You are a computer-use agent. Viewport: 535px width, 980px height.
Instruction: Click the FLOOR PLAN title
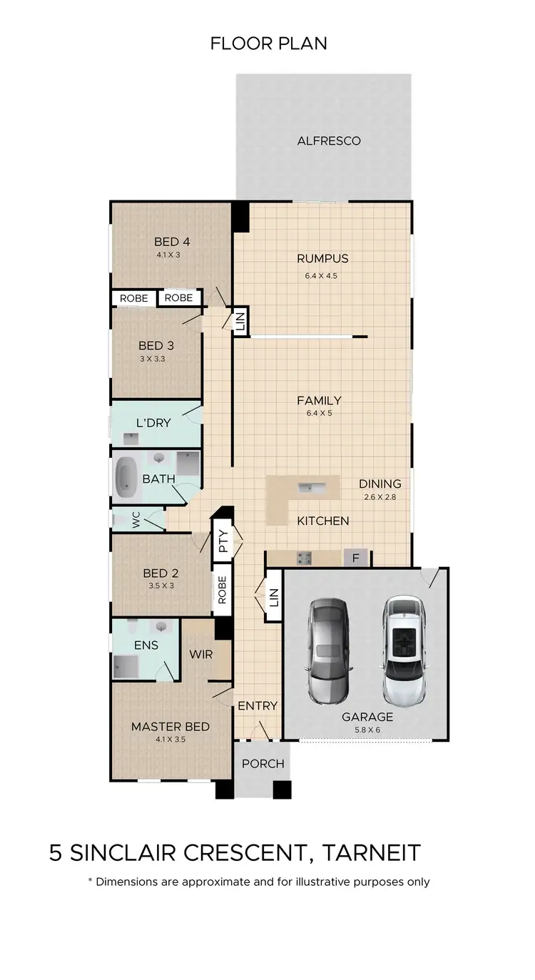click(268, 44)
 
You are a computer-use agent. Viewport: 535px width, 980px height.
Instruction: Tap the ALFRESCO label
click(329, 141)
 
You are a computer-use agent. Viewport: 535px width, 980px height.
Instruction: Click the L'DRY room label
click(153, 423)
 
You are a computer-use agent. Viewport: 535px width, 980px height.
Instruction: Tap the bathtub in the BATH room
click(128, 477)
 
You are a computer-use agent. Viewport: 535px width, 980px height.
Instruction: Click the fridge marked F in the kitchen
click(355, 558)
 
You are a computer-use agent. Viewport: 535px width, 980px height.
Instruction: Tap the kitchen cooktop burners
click(304, 558)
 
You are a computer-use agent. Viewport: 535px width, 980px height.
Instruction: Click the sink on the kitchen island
click(312, 489)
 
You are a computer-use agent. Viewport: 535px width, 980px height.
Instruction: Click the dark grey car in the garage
click(328, 649)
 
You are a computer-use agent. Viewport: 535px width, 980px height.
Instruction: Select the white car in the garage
click(404, 649)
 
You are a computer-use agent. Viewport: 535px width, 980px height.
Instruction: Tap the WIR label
click(201, 653)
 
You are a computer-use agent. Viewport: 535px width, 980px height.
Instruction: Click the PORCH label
click(263, 764)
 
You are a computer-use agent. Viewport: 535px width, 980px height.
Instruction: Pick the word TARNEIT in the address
click(372, 853)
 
